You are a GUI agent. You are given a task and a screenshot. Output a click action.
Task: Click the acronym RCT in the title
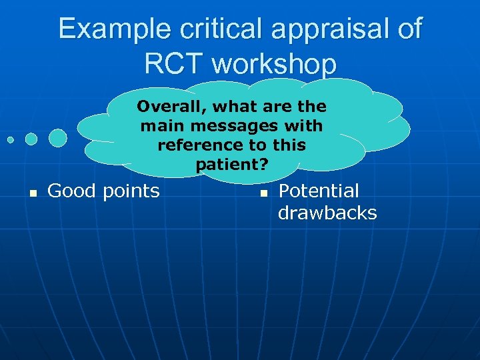[174, 63]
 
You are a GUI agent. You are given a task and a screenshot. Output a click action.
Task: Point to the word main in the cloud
[156, 126]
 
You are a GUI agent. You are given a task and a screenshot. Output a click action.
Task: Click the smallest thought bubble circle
[11, 140]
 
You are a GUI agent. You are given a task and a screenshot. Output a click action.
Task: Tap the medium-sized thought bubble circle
[31, 139]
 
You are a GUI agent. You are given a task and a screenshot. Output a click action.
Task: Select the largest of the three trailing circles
[58, 137]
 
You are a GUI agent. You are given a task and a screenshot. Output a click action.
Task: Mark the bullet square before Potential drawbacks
[263, 193]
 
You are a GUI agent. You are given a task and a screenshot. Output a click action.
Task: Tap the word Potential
[318, 191]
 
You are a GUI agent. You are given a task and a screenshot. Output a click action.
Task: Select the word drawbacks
[327, 213]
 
